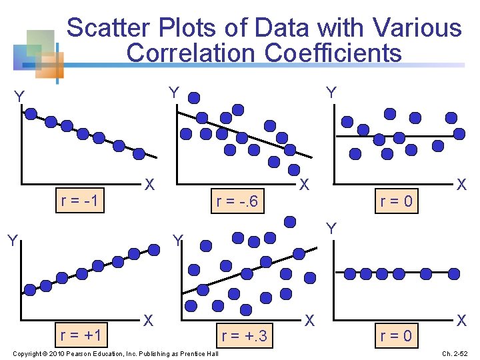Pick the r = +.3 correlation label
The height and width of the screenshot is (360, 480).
click(243, 336)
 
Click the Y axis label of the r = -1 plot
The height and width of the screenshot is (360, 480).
click(19, 98)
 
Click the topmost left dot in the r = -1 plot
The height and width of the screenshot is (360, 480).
click(31, 113)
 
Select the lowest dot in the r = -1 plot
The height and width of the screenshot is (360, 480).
click(139, 153)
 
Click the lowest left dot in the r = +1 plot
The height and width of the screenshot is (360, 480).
click(30, 289)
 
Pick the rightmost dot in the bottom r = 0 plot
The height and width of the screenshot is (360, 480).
click(454, 273)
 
